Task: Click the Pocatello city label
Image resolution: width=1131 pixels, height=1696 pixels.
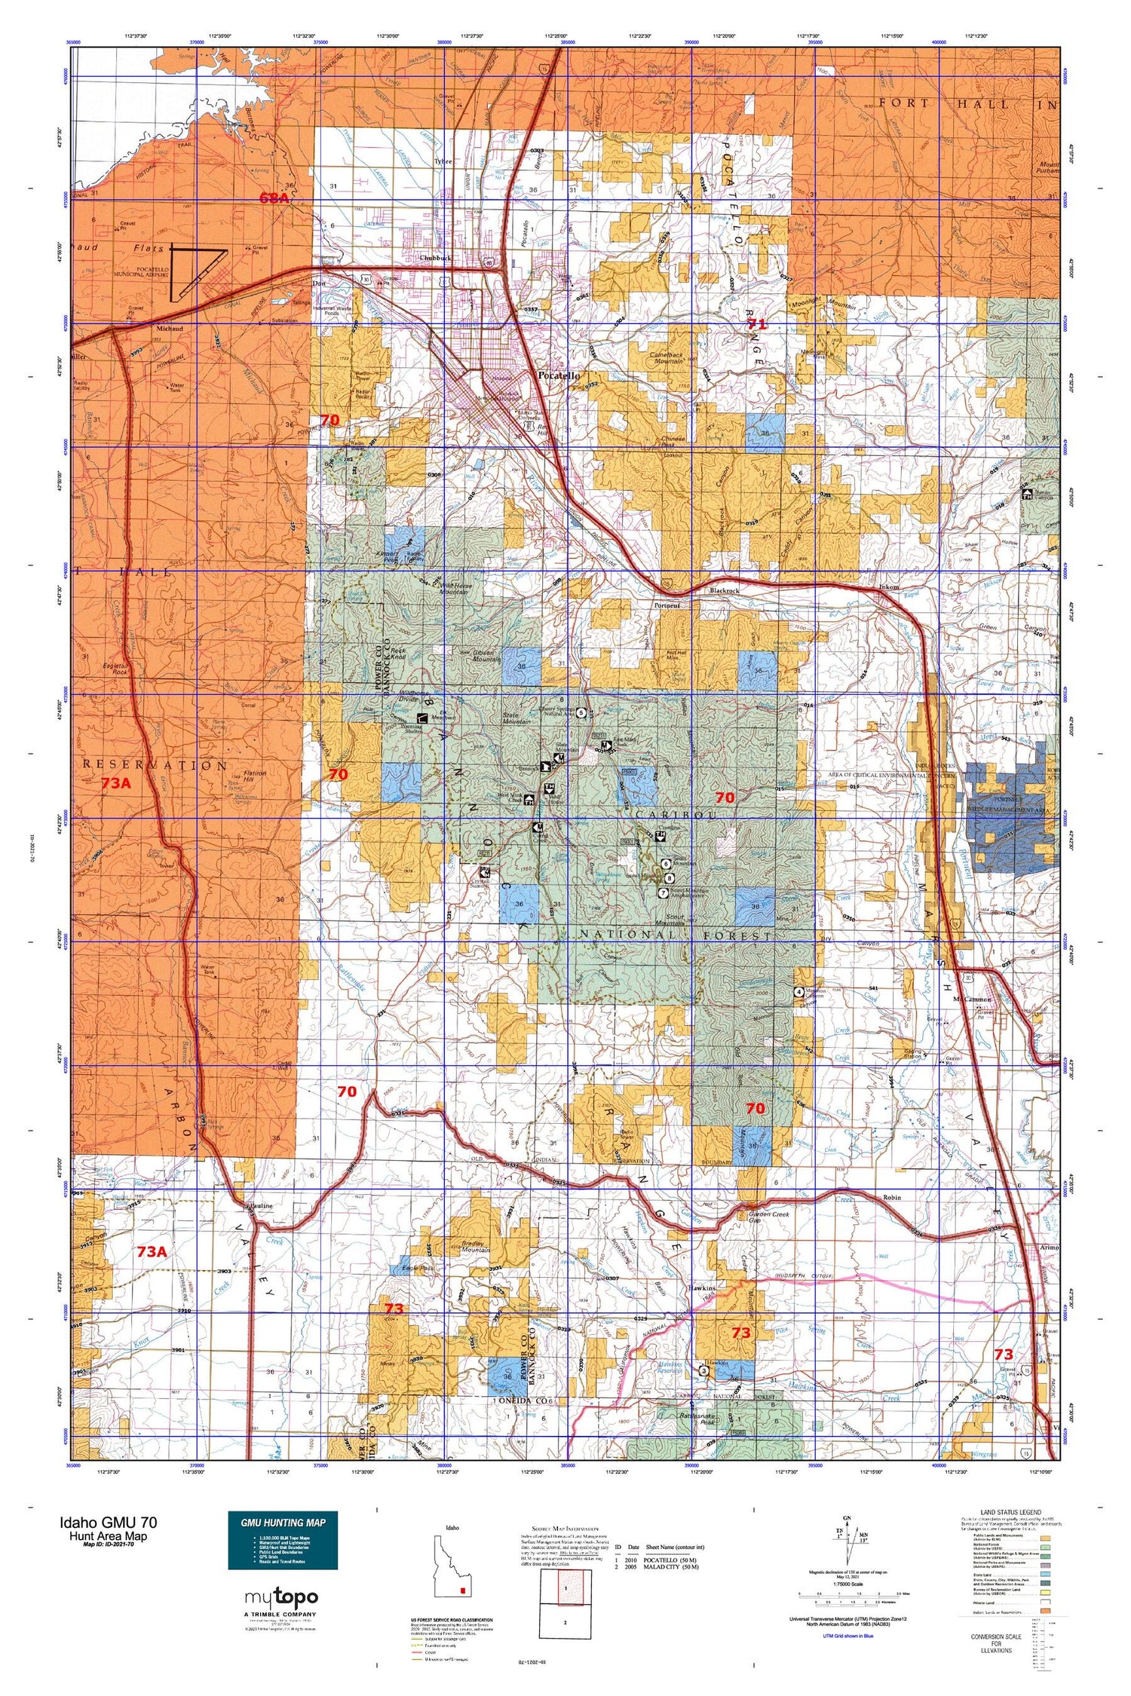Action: click(559, 375)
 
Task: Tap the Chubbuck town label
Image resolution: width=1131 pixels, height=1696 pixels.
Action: click(436, 258)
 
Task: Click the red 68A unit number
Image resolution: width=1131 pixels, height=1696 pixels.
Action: click(274, 198)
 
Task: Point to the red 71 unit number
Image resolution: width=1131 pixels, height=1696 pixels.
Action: click(756, 324)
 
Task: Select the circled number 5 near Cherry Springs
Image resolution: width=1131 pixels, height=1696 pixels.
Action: click(581, 712)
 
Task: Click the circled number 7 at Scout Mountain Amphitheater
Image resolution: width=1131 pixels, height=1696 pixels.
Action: click(663, 893)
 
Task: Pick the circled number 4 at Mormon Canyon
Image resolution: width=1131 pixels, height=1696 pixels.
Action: click(798, 991)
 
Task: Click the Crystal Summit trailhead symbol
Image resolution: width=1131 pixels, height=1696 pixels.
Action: click(660, 836)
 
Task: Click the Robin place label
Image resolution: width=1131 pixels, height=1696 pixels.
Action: click(891, 1197)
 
